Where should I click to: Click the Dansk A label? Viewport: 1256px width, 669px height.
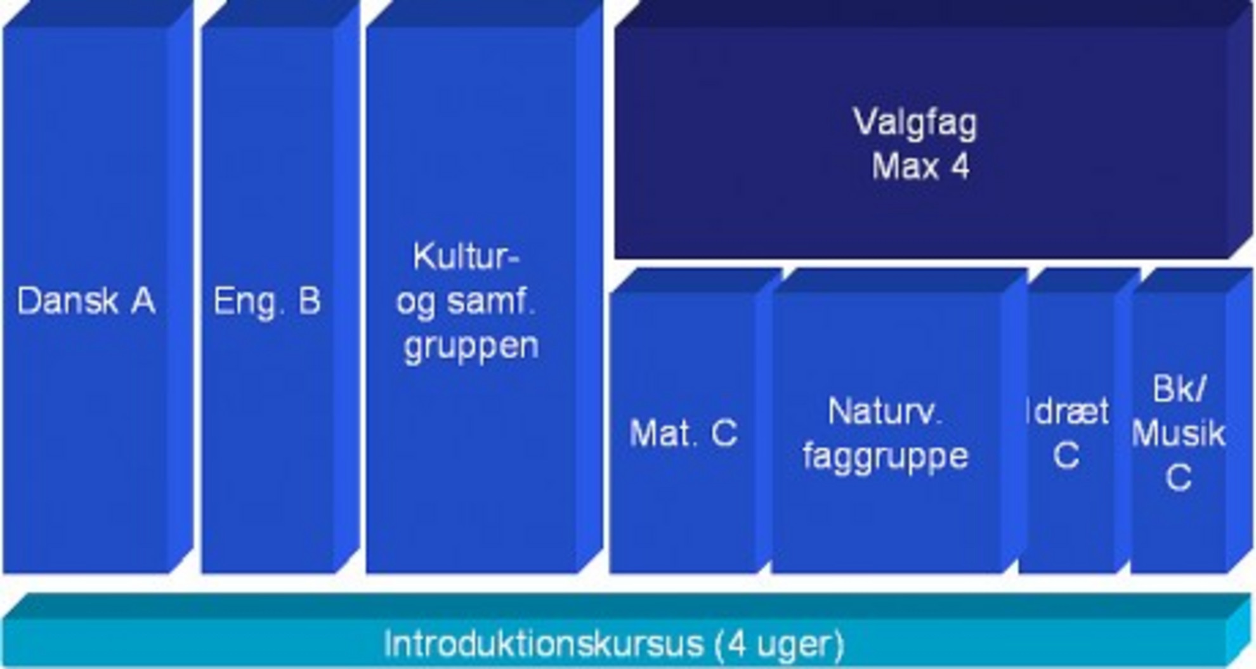click(x=86, y=301)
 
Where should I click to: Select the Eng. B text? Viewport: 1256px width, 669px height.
click(x=267, y=301)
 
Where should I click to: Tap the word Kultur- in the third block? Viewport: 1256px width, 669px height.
click(x=466, y=257)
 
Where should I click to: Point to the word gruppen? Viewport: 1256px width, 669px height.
click(x=471, y=346)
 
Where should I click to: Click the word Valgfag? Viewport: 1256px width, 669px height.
click(x=915, y=122)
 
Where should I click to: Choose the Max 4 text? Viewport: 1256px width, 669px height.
click(x=920, y=167)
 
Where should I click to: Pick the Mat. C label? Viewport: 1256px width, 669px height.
click(x=683, y=434)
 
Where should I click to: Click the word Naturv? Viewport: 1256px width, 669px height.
click(x=885, y=412)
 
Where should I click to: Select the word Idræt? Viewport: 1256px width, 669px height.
click(x=1068, y=412)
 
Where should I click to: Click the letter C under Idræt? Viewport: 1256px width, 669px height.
click(x=1066, y=455)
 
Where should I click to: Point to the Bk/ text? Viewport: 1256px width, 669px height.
click(x=1178, y=389)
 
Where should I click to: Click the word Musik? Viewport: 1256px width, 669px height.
click(x=1178, y=434)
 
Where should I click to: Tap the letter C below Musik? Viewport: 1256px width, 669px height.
click(x=1178, y=478)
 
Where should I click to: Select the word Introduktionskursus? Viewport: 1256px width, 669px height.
click(x=544, y=644)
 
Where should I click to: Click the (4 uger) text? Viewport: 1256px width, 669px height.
click(x=780, y=644)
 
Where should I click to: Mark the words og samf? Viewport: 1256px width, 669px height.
click(x=467, y=301)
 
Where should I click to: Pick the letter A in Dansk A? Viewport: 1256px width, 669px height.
click(x=143, y=301)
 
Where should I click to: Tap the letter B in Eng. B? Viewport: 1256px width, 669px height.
click(x=310, y=301)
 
